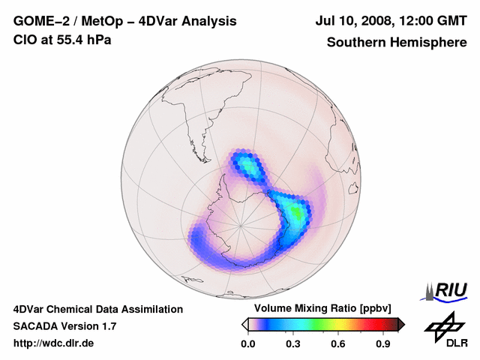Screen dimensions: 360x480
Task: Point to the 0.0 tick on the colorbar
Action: [247, 343]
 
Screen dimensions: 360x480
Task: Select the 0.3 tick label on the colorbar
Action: [293, 343]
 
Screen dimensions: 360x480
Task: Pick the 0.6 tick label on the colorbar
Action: [338, 343]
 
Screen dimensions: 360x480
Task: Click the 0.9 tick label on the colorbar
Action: [384, 343]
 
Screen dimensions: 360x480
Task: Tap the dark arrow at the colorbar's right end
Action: [401, 324]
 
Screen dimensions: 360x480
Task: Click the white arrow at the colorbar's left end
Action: [244, 324]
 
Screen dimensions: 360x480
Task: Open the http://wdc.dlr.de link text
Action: [54, 343]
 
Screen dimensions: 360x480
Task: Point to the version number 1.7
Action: [108, 326]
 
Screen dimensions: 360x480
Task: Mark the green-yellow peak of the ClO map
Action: [298, 214]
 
